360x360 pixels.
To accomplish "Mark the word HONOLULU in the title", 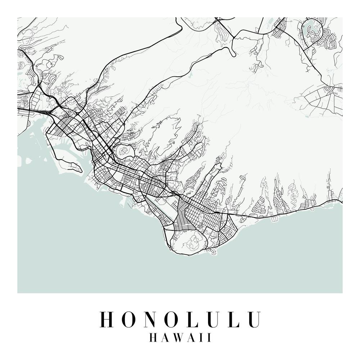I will pyautogui.click(x=180, y=319).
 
